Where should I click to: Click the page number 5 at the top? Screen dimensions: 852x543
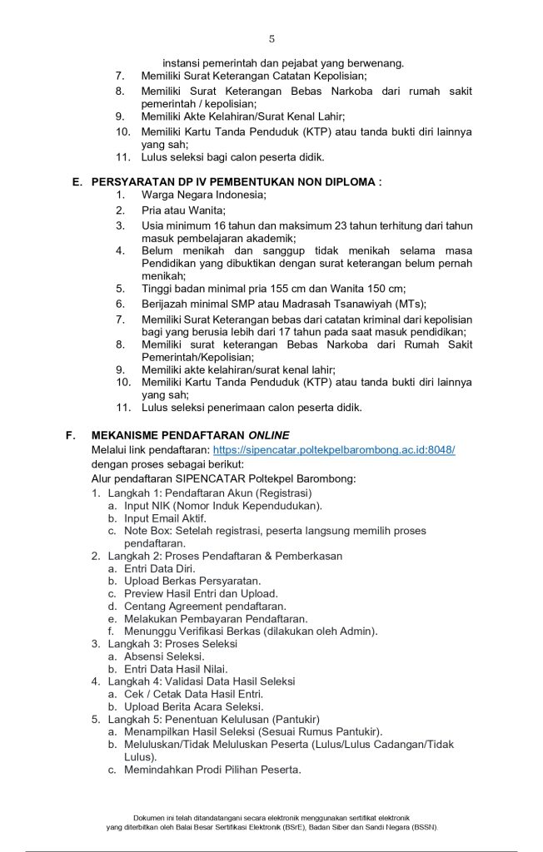(x=271, y=39)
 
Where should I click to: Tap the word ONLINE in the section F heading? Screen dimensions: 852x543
(x=268, y=435)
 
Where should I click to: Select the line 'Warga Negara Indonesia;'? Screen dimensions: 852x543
(x=192, y=195)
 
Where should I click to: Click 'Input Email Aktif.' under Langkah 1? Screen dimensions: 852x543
(x=165, y=518)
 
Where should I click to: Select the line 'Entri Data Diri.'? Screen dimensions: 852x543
(x=160, y=568)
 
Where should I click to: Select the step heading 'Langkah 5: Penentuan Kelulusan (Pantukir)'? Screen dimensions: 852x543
(x=214, y=719)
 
